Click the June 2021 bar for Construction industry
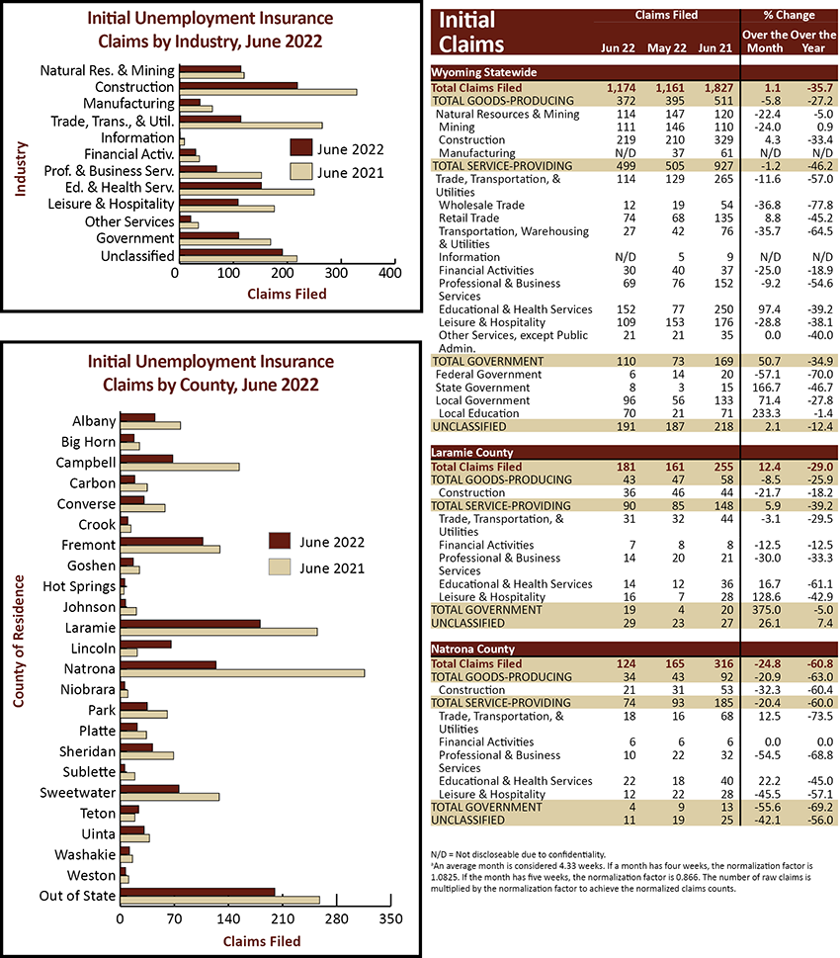pos(268,92)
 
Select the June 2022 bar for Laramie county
pos(190,624)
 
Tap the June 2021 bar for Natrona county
pos(242,672)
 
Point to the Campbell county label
pos(86,463)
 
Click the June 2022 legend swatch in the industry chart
pos(301,148)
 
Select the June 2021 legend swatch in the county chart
pos(280,566)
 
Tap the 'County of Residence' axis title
pos(19,641)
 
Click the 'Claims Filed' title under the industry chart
pos(287,294)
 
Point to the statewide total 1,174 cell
pos(621,88)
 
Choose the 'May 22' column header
pos(666,47)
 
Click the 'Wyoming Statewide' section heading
pos(484,72)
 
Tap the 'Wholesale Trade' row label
pos(481,206)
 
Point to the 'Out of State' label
pos(77,896)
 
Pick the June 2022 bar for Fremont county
pos(162,542)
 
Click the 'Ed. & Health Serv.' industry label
pos(120,188)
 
